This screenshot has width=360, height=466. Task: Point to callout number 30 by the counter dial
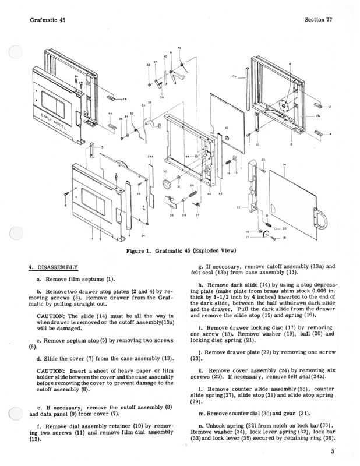point(165,172)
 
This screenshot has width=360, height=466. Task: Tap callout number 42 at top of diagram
point(179,47)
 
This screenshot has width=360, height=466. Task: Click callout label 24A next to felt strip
point(150,157)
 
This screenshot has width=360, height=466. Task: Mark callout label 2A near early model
point(125,99)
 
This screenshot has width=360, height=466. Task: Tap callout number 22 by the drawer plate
point(237,207)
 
